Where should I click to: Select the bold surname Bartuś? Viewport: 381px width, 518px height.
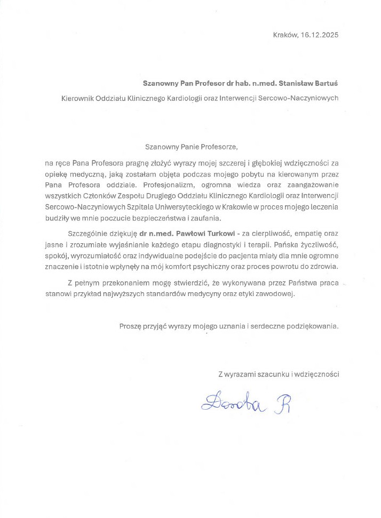tap(326, 83)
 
